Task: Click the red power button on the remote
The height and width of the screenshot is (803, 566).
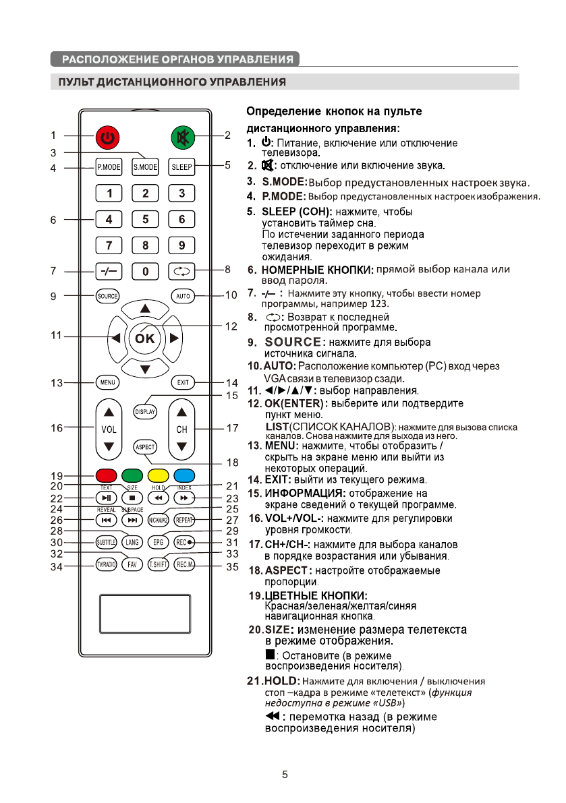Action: pos(108,139)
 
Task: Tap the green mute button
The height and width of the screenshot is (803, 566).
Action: pos(182,138)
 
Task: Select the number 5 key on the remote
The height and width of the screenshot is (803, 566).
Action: pos(145,219)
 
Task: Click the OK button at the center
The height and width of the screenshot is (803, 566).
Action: pos(145,338)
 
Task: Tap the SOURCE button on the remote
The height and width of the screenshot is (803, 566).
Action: pos(108,296)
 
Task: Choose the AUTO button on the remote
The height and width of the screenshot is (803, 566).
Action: pos(182,296)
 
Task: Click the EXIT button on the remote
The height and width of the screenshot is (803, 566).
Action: pos(182,382)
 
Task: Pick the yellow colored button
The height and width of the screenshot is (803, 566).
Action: pos(157,474)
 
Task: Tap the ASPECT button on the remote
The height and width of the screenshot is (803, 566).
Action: pos(145,446)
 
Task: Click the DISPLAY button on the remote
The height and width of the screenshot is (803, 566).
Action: pos(145,411)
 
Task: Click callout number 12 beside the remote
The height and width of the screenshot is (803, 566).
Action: pos(231,326)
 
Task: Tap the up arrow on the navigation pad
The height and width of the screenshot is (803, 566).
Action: pos(145,309)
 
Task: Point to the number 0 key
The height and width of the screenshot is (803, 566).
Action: pos(145,272)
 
